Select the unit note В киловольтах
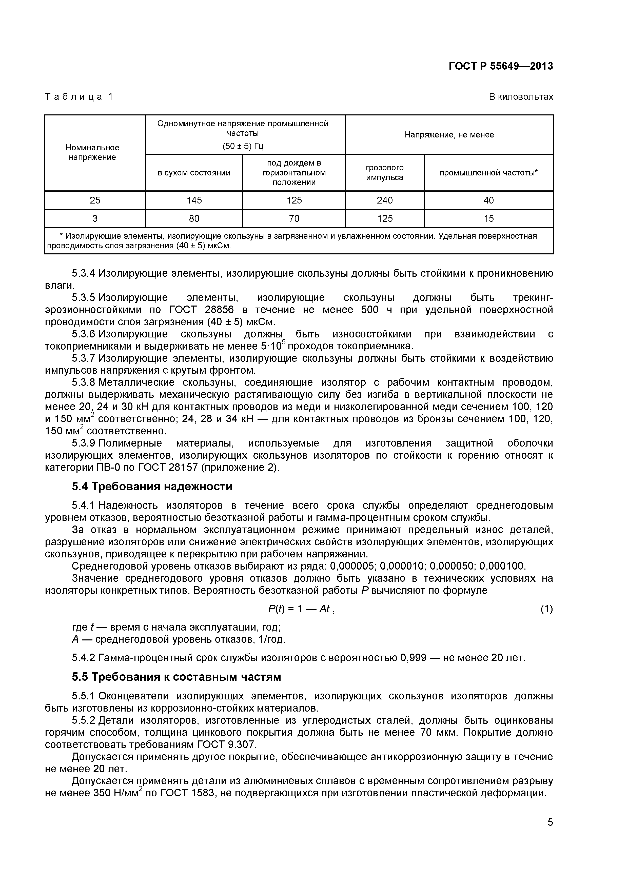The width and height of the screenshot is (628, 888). click(x=521, y=97)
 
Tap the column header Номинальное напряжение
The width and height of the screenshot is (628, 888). click(x=92, y=152)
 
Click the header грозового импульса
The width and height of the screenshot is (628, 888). click(x=385, y=172)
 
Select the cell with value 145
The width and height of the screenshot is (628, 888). click(x=194, y=200)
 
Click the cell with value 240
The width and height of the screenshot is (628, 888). click(x=385, y=200)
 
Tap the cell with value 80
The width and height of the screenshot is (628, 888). click(x=194, y=218)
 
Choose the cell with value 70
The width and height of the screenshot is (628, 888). click(x=294, y=218)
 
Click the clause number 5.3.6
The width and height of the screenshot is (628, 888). click(x=83, y=334)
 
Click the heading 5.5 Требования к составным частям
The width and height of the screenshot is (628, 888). click(x=176, y=677)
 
